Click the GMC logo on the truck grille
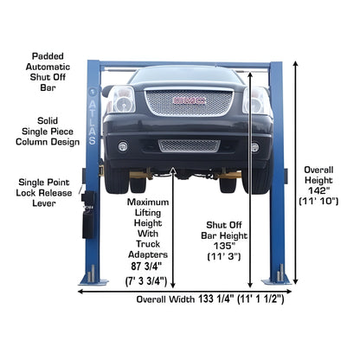[187, 100]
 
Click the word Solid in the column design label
[48, 121]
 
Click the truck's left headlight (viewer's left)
[121, 100]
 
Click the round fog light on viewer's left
[123, 146]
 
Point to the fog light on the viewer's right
[255, 146]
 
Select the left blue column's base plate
[93, 279]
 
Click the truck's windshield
[186, 75]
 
